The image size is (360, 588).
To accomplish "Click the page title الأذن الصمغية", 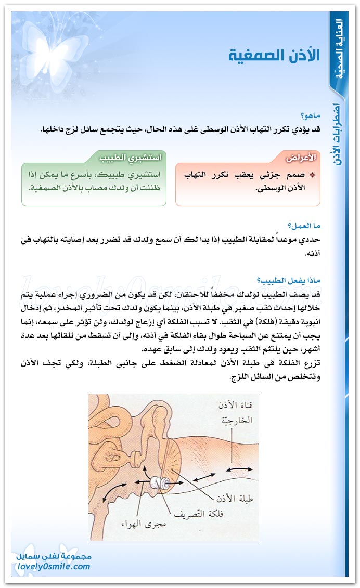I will (x=274, y=56).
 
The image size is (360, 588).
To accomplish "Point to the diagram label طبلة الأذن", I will (x=235, y=498).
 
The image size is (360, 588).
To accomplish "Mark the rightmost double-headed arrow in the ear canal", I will (x=237, y=469).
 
